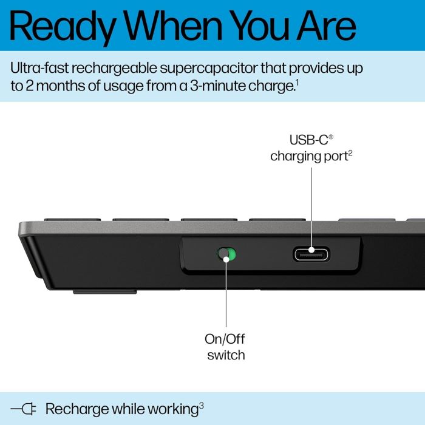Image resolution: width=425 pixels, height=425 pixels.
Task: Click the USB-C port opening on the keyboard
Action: (x=311, y=253)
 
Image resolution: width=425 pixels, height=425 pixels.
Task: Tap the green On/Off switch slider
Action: (x=228, y=254)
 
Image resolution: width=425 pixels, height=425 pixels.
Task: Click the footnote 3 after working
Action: (x=201, y=404)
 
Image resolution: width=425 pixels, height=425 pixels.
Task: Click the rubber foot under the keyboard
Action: (x=104, y=291)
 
